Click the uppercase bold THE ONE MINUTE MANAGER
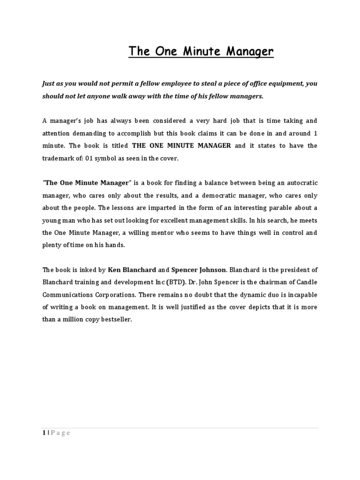coord(182,146)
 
